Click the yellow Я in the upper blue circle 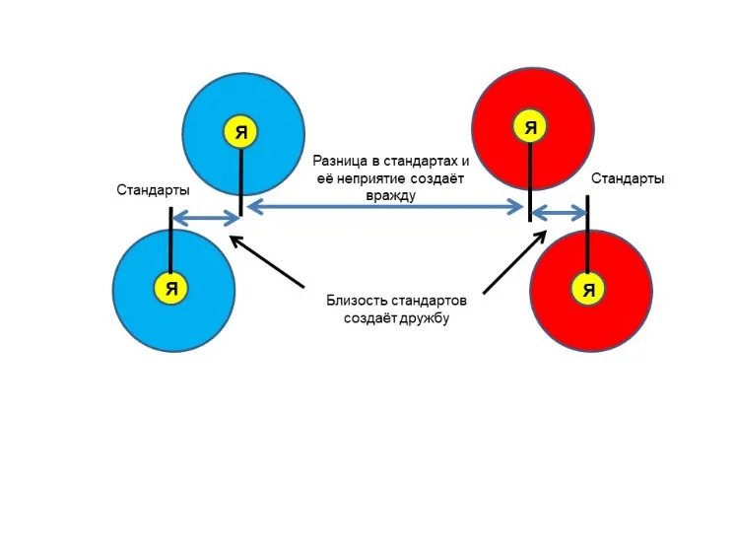[x=240, y=131]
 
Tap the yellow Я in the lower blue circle [x=171, y=288]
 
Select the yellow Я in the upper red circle [x=531, y=126]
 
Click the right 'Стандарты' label [x=628, y=178]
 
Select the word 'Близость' [x=359, y=300]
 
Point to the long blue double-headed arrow [x=385, y=206]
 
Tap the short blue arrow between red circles [x=560, y=214]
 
